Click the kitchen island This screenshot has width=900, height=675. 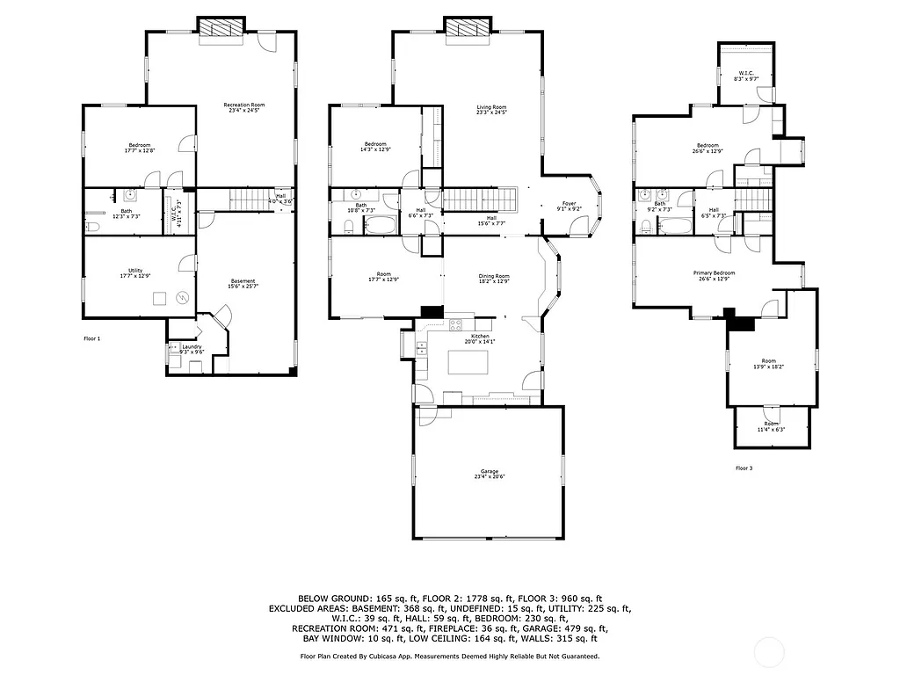tap(468, 362)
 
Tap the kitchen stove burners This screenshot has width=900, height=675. tap(457, 324)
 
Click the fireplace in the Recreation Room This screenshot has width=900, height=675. tap(221, 29)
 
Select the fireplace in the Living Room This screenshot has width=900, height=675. tap(466, 29)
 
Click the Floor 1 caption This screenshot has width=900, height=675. tap(92, 338)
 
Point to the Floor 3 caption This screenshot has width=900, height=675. tap(744, 468)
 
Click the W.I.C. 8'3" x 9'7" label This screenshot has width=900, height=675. tap(746, 76)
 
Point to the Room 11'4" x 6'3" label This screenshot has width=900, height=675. tap(770, 426)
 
